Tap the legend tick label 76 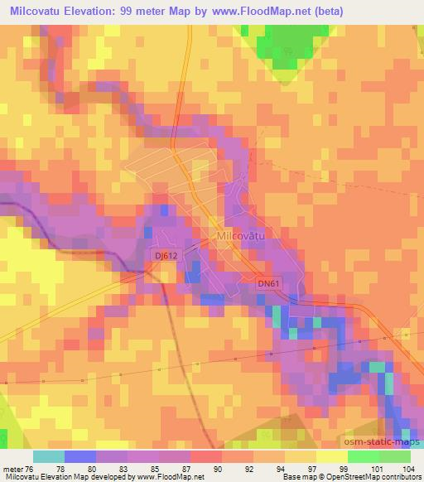click(33, 469)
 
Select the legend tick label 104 click(410, 469)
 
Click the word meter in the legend click(14, 469)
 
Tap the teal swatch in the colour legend click(49, 456)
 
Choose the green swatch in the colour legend click(364, 456)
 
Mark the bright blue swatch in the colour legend click(80, 456)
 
